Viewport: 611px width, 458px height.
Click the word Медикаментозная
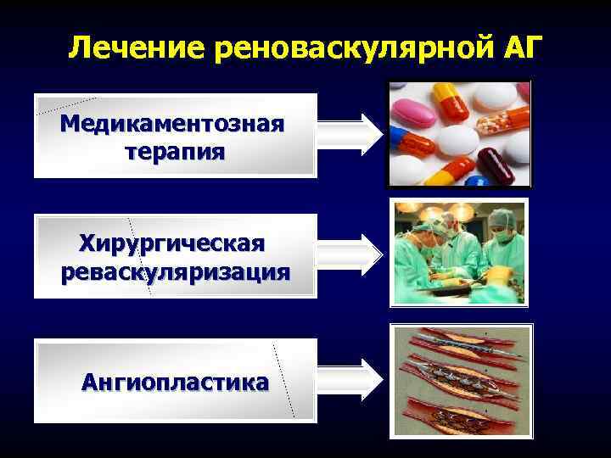tap(172, 125)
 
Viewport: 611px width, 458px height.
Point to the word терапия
tap(174, 152)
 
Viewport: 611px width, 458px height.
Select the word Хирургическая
tap(172, 243)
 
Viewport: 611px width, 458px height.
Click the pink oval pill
tap(413, 110)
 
